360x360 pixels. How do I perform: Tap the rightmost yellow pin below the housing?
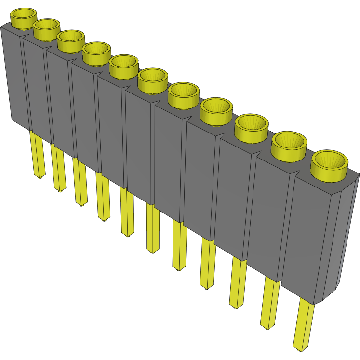(304, 323)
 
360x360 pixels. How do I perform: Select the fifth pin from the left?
(127, 212)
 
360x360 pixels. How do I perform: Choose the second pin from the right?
(270, 304)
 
